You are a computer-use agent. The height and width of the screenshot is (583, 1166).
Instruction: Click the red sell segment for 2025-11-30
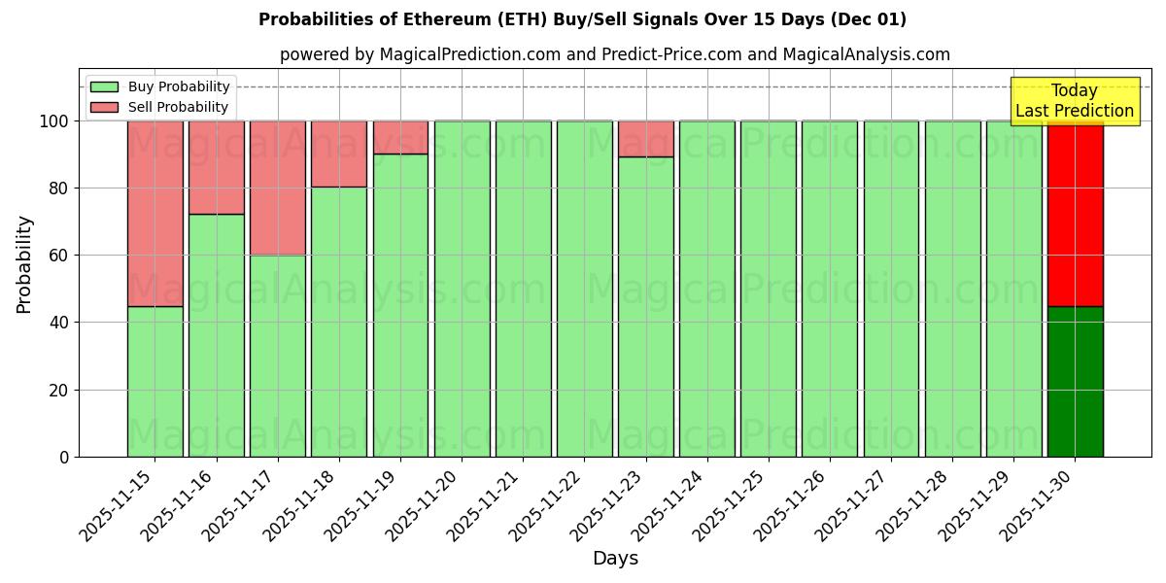click(1075, 214)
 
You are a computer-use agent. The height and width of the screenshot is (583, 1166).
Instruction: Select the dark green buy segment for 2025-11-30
click(1075, 382)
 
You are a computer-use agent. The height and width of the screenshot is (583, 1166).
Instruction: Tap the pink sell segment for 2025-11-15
click(155, 214)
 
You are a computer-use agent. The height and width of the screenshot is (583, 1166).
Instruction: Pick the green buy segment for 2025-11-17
click(278, 356)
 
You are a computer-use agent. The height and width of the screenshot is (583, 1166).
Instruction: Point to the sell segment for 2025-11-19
click(400, 137)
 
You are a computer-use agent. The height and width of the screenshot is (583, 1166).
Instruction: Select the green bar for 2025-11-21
click(523, 289)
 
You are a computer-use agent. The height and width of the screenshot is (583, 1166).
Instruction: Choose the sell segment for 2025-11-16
click(217, 167)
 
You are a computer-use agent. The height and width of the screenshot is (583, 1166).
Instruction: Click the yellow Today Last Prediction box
click(1074, 101)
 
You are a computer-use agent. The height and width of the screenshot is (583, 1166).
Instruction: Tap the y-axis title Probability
click(24, 264)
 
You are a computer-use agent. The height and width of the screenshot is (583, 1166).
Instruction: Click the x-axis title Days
click(615, 559)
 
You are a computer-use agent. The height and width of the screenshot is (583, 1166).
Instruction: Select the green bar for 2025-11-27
click(891, 289)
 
